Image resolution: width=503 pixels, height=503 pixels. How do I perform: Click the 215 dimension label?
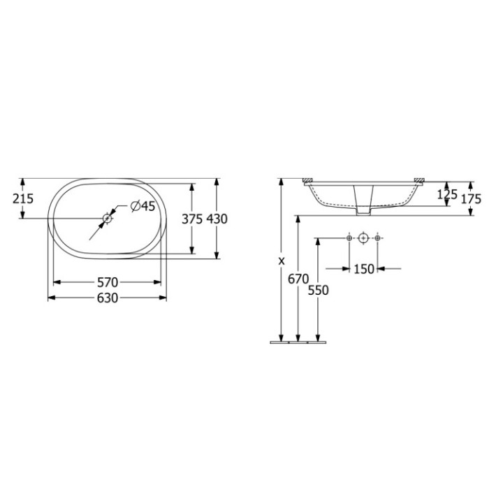pos(23,198)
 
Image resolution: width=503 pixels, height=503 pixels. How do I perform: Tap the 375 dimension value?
pos(191,219)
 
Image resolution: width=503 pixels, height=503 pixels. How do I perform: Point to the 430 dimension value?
pos(217,219)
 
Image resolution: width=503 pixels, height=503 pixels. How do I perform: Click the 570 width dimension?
pos(107,282)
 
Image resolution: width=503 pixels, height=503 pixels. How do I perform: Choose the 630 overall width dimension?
pos(107,298)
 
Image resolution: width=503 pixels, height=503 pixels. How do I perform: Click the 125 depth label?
pos(447,194)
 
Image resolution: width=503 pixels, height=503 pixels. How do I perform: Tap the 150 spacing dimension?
pos(363,268)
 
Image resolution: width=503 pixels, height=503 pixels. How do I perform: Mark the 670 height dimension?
pos(298,279)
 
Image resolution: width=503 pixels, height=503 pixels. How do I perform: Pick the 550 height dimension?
pos(318,289)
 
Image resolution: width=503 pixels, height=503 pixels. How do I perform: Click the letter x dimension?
pos(281,261)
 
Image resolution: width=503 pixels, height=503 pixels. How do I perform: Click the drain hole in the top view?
pos(107,219)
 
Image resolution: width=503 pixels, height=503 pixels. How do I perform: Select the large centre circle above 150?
pos(363,238)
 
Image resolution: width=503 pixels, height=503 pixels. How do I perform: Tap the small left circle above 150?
pos(349,238)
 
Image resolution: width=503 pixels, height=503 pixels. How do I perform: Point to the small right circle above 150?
pos(378,238)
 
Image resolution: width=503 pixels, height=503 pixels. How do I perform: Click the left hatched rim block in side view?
pos(307,181)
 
